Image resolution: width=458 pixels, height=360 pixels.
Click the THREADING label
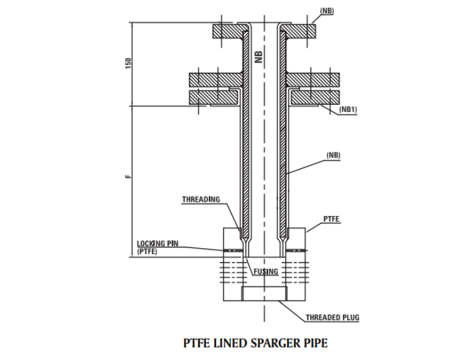coord(201,200)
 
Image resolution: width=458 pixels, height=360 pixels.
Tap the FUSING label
coord(266,271)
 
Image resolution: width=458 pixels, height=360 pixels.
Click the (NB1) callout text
coord(348,111)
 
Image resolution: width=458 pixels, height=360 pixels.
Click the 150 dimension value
coord(129,63)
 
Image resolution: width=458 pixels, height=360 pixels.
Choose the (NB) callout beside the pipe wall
coord(334,156)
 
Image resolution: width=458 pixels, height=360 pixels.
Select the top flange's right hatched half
coord(297,31)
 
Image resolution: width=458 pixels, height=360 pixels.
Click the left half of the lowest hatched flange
coord(213,97)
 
